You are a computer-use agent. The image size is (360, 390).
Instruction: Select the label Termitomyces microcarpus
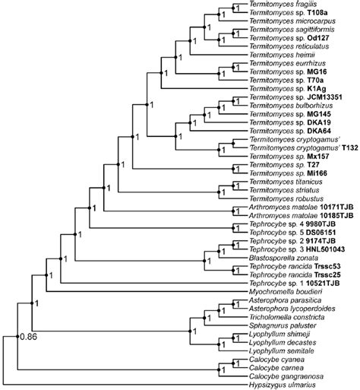coord(284,24)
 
